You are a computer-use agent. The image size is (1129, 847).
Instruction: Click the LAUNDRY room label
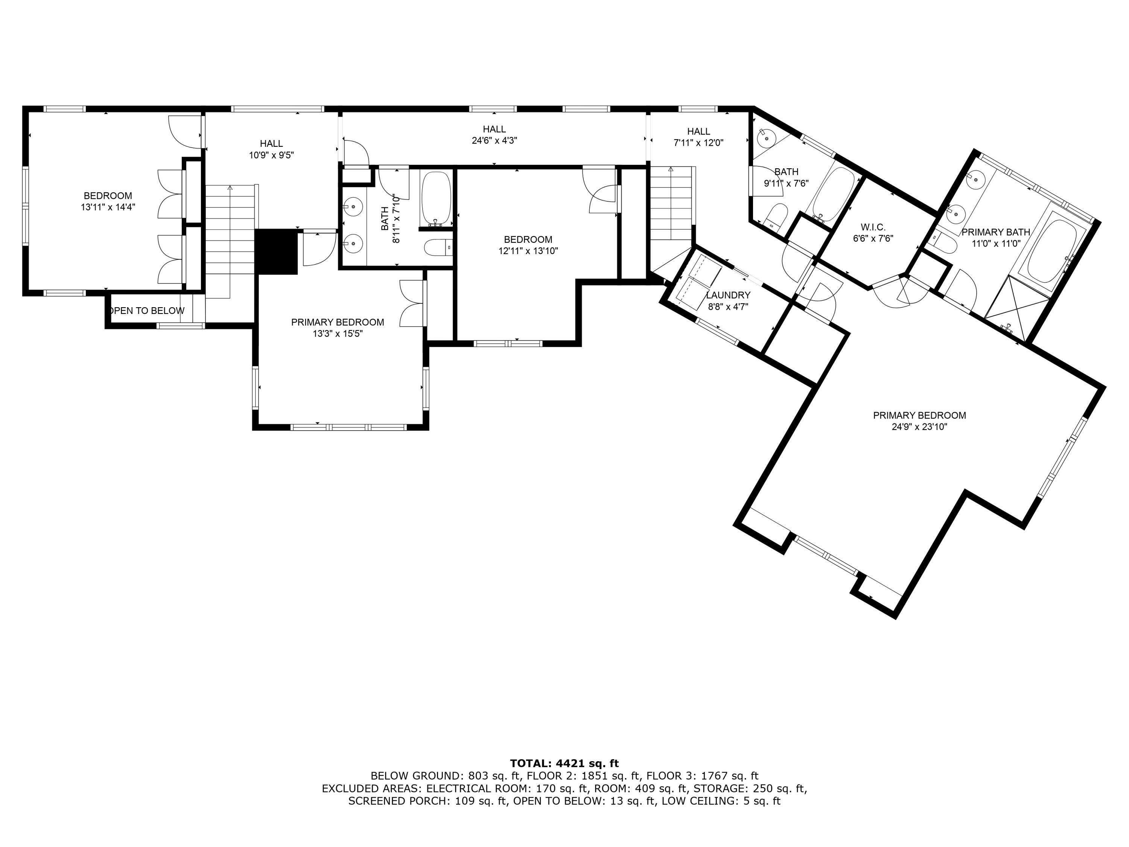coord(728,295)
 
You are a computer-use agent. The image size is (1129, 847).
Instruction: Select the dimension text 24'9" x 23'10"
coord(919,427)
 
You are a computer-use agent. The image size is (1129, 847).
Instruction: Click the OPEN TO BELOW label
coord(147,311)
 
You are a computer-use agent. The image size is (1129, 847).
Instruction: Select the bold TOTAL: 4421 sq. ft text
coord(564,763)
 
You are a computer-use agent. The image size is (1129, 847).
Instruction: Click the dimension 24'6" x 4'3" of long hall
coord(494,140)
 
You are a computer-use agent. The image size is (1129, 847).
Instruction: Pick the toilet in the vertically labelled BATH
coord(438,248)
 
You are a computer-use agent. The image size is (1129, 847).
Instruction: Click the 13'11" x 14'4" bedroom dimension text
coord(108,207)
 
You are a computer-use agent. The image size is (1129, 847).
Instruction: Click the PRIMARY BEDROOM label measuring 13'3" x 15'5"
coord(337,322)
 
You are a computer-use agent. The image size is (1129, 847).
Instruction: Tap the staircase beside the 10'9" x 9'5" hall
coord(230,240)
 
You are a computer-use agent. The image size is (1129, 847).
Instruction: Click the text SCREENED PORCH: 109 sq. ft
coord(428,801)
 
